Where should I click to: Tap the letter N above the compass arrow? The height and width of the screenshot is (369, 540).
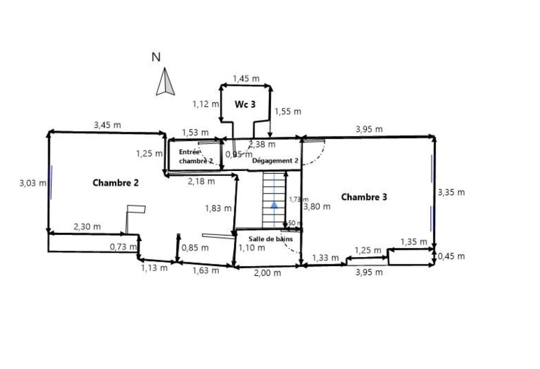click(156, 57)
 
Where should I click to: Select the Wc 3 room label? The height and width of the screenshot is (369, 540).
click(245, 104)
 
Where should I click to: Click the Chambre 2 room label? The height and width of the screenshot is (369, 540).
click(115, 183)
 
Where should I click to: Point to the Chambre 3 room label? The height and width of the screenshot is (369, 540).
click(364, 197)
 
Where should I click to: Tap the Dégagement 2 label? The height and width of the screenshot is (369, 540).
click(275, 161)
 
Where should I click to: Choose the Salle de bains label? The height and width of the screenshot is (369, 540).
click(270, 239)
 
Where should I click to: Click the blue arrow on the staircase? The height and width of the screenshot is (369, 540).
click(274, 204)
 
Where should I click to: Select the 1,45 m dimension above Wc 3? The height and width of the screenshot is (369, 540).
click(246, 79)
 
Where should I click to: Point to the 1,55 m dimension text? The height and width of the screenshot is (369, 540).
click(288, 112)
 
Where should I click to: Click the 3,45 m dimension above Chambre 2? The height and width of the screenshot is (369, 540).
click(107, 125)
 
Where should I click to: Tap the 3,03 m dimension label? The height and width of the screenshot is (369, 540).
click(33, 183)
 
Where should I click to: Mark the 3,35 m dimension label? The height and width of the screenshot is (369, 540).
click(451, 192)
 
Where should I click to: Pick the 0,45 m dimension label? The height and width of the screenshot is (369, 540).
click(451, 257)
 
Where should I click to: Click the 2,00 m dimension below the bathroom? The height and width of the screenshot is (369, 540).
click(267, 273)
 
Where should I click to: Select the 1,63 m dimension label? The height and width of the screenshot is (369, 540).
click(206, 270)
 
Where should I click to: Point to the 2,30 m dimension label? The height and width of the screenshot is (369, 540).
click(87, 227)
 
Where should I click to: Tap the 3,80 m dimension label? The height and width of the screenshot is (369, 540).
click(317, 206)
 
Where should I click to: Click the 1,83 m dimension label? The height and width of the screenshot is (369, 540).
click(218, 208)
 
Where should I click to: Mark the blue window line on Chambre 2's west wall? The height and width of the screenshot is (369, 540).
click(51, 182)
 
